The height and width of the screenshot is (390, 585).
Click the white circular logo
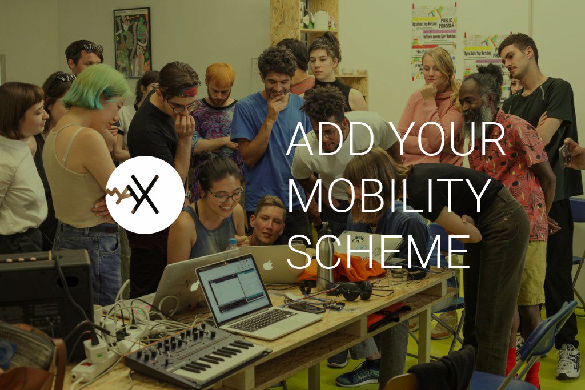pyautogui.click(x=145, y=195)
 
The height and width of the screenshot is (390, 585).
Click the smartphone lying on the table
pyautogui.click(x=306, y=307)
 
